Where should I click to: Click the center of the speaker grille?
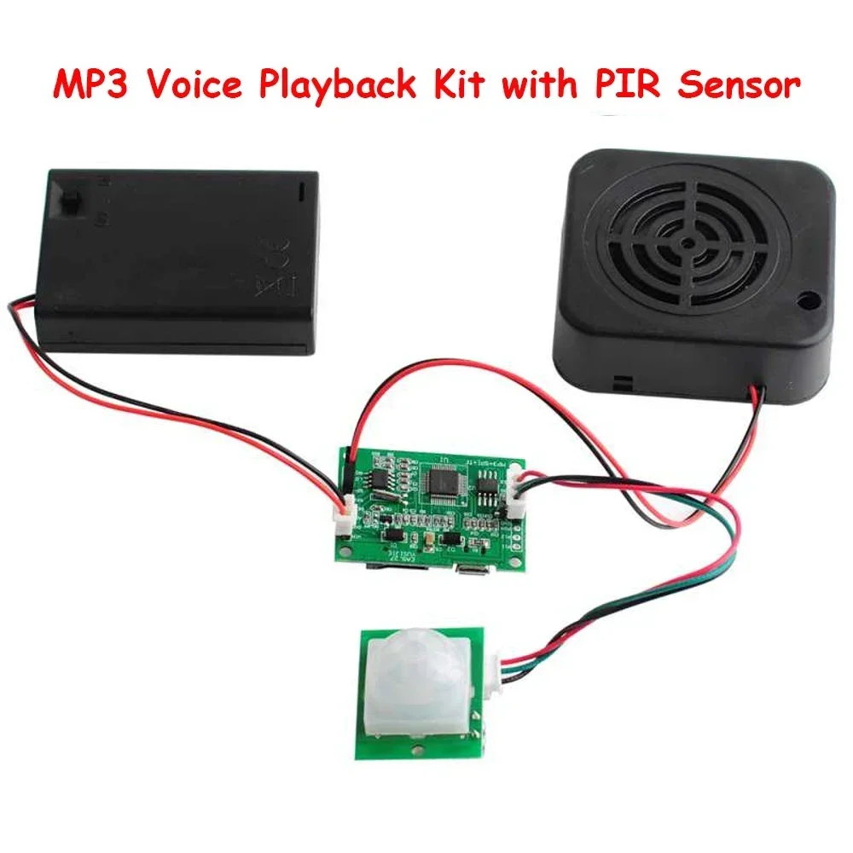tap(687, 241)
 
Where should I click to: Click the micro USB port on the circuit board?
tap(467, 570)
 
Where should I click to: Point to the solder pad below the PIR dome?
tap(417, 748)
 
